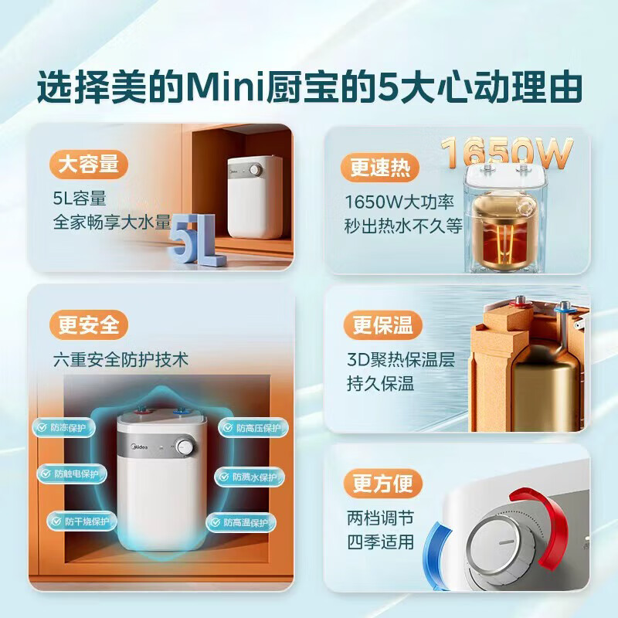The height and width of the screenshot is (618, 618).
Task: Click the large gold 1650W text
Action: tap(508, 153)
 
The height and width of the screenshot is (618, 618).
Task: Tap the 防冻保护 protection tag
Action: tap(64, 427)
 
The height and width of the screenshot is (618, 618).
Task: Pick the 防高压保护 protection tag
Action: tap(245, 428)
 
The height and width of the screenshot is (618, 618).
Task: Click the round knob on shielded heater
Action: tap(185, 447)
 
